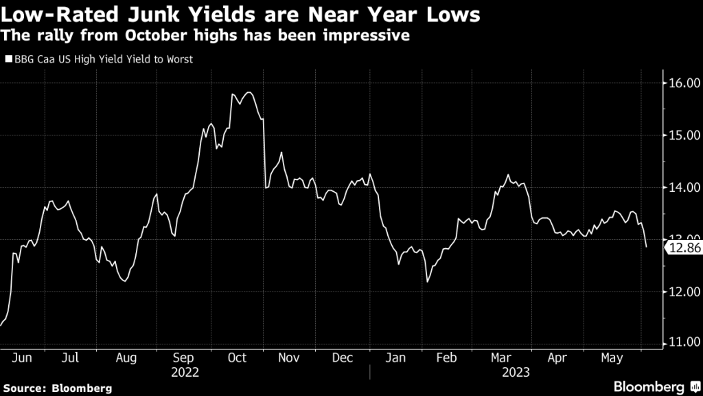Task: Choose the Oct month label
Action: click(x=237, y=358)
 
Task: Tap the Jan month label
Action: click(x=395, y=358)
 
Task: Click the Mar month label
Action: click(x=502, y=358)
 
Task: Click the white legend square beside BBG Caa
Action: click(x=9, y=60)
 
